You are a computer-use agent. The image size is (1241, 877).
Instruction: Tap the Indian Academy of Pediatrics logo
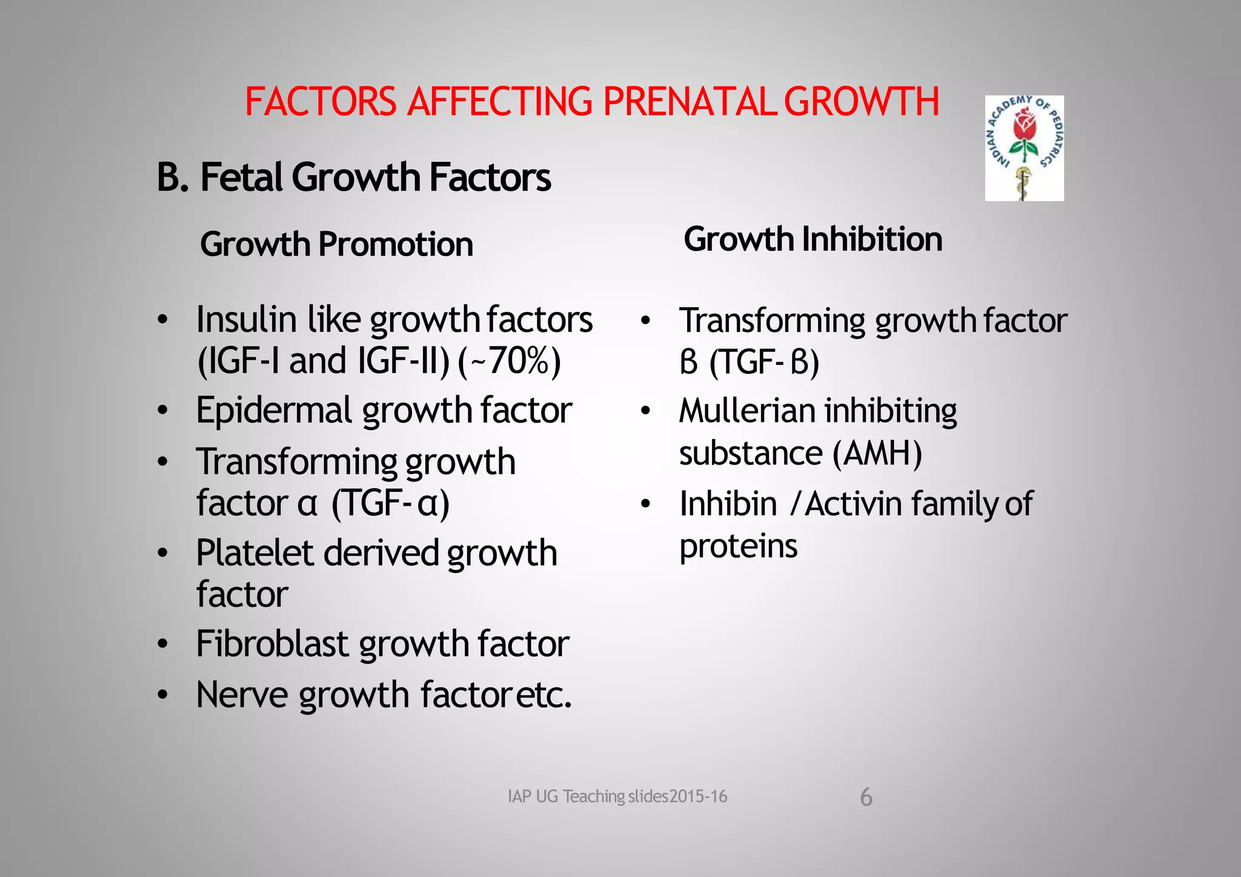tap(1024, 148)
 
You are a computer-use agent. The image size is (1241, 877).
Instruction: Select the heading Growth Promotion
tap(336, 244)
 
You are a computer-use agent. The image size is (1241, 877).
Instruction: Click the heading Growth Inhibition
tap(813, 239)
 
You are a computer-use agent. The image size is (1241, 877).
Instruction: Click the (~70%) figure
tap(509, 361)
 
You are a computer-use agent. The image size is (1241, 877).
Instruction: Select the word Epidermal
tap(274, 411)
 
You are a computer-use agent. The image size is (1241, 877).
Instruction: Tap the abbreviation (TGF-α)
tap(390, 503)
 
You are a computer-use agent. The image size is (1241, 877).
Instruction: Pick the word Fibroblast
tap(271, 643)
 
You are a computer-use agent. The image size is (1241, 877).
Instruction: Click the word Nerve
tap(242, 695)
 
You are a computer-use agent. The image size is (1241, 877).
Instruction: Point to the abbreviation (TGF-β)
tap(764, 362)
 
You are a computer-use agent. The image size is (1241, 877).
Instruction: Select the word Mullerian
tap(747, 411)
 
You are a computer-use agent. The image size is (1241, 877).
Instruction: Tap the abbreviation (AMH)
tap(877, 453)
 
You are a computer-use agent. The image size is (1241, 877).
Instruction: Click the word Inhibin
tap(728, 504)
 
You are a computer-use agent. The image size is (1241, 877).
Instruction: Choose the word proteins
tap(738, 546)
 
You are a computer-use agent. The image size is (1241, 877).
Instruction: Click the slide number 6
tap(867, 797)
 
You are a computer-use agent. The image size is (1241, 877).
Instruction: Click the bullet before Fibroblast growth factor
tap(162, 644)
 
